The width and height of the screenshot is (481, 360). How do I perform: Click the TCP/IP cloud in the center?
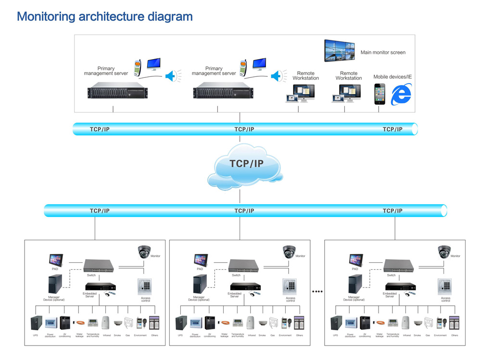pyautogui.click(x=245, y=166)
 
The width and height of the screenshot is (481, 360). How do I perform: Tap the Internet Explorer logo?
pyautogui.click(x=401, y=94)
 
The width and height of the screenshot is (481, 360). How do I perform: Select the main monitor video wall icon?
pyautogui.click(x=340, y=50)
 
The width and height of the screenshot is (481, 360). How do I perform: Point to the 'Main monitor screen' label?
pyautogui.click(x=383, y=52)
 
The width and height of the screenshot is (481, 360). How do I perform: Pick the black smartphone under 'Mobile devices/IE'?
pyautogui.click(x=380, y=94)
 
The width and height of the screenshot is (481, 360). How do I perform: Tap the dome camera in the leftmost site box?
pyautogui.click(x=144, y=252)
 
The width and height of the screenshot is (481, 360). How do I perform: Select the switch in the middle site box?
pyautogui.click(x=243, y=266)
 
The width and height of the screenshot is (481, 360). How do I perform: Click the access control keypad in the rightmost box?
pyautogui.click(x=444, y=286)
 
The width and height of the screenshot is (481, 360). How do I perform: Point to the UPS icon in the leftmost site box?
pyautogui.click(x=36, y=323)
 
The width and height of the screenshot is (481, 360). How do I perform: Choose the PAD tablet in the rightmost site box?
pyautogui.click(x=355, y=260)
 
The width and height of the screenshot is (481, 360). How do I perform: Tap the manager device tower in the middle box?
pyautogui.click(x=200, y=284)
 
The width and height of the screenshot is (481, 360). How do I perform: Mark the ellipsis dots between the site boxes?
pyautogui.click(x=317, y=291)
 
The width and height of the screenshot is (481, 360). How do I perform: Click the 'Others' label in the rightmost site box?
pyautogui.click(x=455, y=335)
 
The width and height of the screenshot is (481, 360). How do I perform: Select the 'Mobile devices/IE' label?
pyautogui.click(x=392, y=77)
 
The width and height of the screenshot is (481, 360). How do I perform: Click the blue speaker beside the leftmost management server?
pyautogui.click(x=171, y=76)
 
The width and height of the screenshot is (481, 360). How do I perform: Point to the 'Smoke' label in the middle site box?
pyautogui.click(x=262, y=335)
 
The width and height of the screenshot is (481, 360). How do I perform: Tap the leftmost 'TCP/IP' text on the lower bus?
pyautogui.click(x=100, y=211)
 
